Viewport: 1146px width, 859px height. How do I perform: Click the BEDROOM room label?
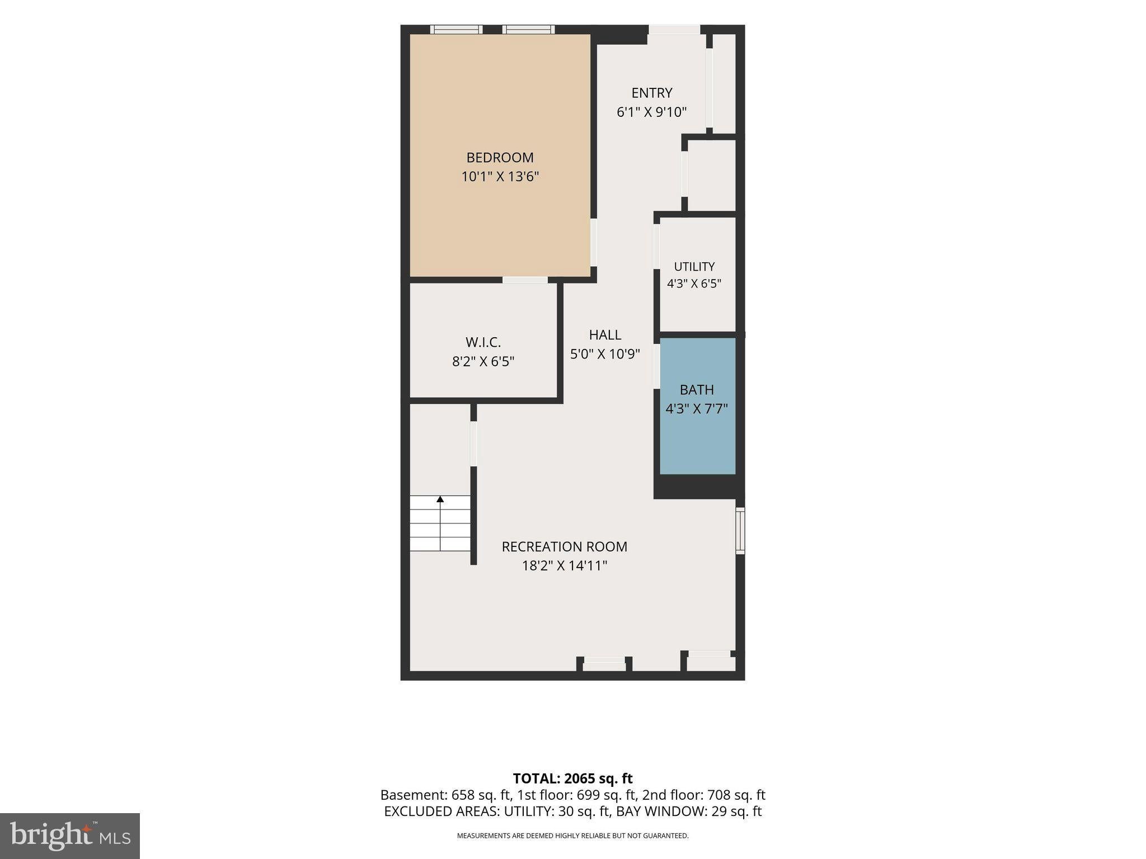point(500,158)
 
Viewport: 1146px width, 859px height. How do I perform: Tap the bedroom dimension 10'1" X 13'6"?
point(500,177)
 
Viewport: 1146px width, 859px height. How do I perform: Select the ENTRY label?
point(651,93)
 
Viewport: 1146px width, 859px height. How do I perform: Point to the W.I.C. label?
point(483,342)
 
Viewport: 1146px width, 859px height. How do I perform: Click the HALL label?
point(605,334)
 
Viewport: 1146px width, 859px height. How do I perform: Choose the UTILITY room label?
point(694,267)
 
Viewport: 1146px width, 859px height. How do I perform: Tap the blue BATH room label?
point(697,389)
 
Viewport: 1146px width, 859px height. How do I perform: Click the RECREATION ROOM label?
point(564,546)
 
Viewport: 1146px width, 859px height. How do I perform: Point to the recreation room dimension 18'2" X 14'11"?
point(564,565)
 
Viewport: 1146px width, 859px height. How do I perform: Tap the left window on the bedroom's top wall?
point(456,30)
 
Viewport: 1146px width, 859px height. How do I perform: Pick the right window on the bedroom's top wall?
point(528,30)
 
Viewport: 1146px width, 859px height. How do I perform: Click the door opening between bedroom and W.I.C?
point(525,280)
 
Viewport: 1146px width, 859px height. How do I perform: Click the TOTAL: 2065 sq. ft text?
point(572,778)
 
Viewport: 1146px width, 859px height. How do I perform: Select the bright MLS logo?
point(70,836)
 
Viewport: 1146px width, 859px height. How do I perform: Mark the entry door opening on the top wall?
point(674,30)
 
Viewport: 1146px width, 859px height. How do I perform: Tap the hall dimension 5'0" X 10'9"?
point(605,354)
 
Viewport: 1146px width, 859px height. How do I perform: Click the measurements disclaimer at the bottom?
point(572,836)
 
